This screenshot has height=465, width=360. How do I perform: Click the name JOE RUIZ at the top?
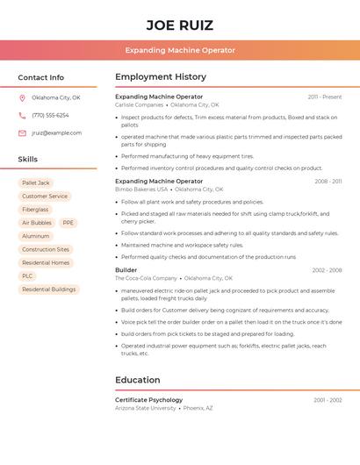[179, 25]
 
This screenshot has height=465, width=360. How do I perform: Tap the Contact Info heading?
[40, 77]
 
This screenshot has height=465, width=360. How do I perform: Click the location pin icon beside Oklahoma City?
[22, 98]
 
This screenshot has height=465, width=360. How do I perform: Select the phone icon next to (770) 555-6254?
[22, 116]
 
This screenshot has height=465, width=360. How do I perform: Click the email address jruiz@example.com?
[56, 133]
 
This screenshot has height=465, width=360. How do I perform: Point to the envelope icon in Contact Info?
[22, 133]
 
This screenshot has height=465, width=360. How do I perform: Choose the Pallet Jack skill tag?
[36, 183]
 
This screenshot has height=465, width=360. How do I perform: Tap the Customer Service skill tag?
[45, 197]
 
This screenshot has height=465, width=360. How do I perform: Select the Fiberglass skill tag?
[35, 210]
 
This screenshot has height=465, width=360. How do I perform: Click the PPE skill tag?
[68, 223]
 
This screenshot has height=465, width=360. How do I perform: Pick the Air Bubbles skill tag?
[36, 223]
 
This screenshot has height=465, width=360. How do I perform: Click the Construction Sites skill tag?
[46, 249]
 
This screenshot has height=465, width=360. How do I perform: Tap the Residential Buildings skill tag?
[48, 289]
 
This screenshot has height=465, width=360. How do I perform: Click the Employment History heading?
[161, 77]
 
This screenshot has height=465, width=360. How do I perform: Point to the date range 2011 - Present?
[324, 97]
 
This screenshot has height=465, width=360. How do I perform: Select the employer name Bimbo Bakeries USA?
[140, 189]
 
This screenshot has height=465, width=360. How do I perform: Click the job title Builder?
[126, 270]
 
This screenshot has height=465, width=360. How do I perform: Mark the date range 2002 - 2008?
[327, 270]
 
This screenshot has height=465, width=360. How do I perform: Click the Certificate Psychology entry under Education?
[148, 400]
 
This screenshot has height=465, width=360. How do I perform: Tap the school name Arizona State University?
[145, 408]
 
